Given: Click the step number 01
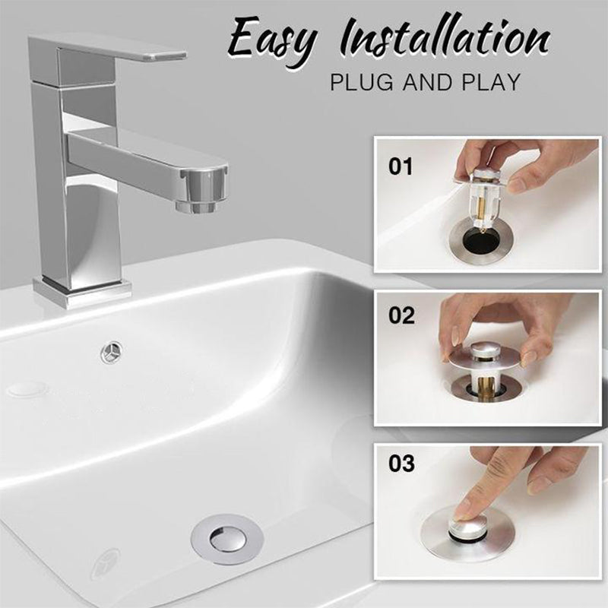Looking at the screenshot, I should click(x=401, y=166).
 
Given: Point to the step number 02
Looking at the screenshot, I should click(x=401, y=315).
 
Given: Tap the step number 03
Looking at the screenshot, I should click(x=401, y=463).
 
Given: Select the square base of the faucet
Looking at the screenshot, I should click(x=81, y=292).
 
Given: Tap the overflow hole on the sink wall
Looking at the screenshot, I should click(x=112, y=351).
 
